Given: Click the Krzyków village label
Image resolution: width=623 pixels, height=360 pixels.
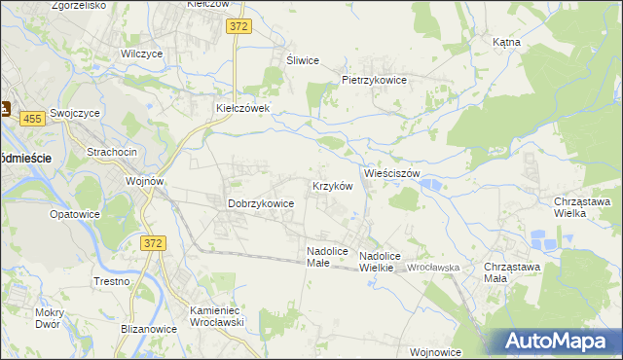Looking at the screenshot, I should click(x=331, y=185).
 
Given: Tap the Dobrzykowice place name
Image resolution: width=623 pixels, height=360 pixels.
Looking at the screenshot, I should click(x=261, y=203).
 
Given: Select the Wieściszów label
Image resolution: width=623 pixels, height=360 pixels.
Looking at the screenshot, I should click(x=391, y=173).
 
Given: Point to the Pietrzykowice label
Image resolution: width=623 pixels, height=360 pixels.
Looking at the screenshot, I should click(x=374, y=80).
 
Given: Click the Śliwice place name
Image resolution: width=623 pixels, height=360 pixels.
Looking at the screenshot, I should click(x=302, y=60).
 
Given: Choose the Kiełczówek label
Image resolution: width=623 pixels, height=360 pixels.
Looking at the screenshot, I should click(x=248, y=108).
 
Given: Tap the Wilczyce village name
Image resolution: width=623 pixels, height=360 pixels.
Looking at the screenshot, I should click(x=140, y=54).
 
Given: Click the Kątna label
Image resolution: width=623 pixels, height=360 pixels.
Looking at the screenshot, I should click(x=506, y=43).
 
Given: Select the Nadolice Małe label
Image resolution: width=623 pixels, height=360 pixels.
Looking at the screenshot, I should click(x=327, y=256).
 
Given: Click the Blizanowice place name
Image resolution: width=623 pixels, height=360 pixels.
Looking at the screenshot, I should click(x=149, y=329).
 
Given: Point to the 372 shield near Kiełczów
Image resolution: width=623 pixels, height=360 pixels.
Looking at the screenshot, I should click(x=239, y=27).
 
